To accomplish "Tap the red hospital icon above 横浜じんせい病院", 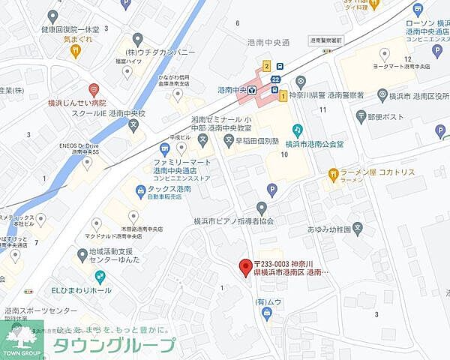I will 94,89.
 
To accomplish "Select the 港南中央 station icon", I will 252,91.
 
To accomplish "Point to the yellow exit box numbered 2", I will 266,66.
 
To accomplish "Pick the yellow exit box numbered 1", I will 283,96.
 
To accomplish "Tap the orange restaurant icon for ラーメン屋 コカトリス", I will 333,174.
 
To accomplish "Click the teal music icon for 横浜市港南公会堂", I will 297,130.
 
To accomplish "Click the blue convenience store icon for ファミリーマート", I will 164,148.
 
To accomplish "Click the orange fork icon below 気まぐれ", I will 76,50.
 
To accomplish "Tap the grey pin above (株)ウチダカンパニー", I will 136,38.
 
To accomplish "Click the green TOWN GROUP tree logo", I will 21,337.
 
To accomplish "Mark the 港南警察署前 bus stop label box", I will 325,40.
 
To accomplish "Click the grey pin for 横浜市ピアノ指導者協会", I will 261,208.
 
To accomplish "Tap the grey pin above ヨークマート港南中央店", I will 384,53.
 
